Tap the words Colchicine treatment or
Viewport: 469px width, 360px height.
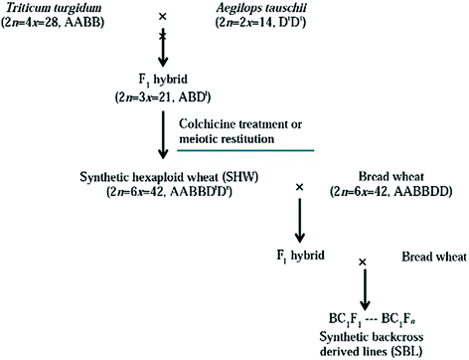click(x=244, y=124)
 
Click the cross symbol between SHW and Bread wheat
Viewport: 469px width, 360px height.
click(x=299, y=186)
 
